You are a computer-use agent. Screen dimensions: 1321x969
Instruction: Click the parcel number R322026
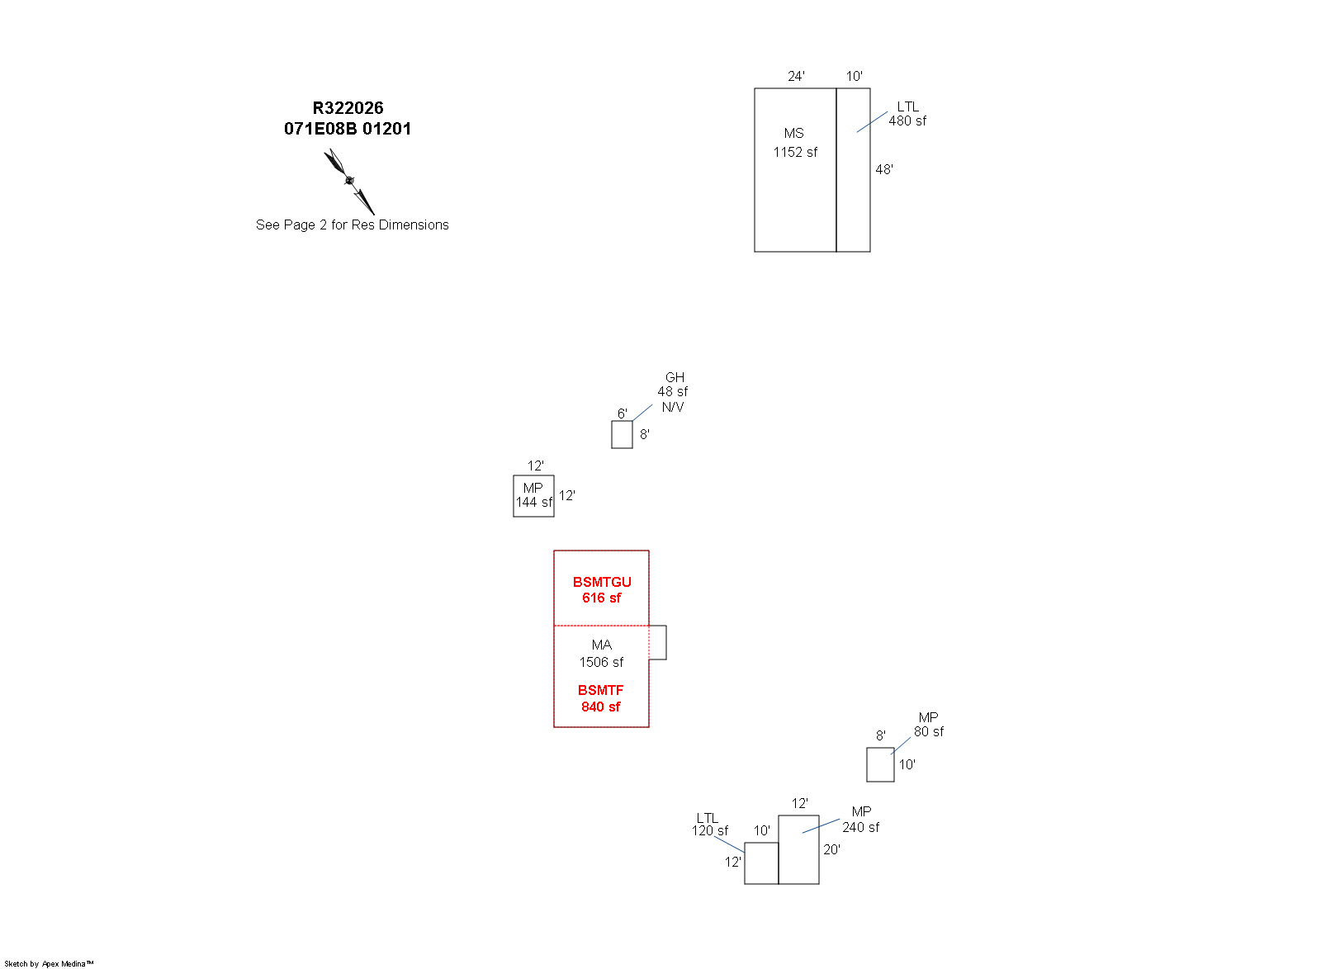348,108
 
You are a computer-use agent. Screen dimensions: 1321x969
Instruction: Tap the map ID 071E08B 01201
348,129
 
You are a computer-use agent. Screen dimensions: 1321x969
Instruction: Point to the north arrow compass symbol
349,182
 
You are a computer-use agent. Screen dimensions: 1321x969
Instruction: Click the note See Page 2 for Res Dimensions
352,225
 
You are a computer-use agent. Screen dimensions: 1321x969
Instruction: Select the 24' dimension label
796,76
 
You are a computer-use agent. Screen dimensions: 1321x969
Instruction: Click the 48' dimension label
884,169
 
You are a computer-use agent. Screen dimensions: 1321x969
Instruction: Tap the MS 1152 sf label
795,143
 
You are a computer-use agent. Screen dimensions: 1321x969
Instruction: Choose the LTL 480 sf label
907,114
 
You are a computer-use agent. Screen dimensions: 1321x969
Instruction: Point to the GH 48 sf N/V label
673,392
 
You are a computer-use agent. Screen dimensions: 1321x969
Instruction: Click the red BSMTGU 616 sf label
602,590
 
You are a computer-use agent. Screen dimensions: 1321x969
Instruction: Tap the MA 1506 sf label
602,654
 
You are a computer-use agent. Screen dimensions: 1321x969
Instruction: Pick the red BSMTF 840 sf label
601,698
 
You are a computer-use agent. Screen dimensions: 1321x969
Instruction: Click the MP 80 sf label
928,725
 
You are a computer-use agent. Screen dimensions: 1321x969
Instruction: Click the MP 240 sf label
860,820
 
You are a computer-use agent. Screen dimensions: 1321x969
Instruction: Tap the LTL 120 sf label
709,825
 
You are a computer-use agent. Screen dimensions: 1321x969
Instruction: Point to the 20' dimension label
831,849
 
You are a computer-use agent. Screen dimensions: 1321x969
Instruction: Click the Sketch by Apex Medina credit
49,964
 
